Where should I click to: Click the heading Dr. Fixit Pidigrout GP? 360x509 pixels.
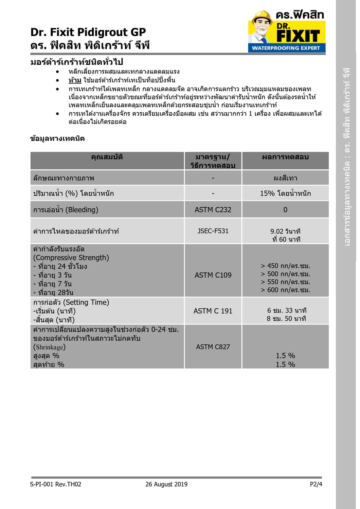(x=88, y=32)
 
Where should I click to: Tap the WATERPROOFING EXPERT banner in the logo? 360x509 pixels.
(x=286, y=48)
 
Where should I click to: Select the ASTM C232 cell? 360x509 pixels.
(x=213, y=210)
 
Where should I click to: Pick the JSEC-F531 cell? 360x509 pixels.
(x=213, y=231)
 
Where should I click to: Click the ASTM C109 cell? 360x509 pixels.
(x=213, y=275)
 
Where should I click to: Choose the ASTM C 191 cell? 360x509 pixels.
(x=213, y=311)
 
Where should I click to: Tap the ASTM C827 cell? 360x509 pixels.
(x=213, y=347)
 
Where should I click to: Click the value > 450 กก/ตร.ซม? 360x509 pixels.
(x=285, y=266)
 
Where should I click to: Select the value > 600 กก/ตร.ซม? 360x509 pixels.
(x=285, y=290)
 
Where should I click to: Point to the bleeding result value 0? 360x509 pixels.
(x=285, y=210)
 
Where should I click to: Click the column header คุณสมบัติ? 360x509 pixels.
(x=107, y=157)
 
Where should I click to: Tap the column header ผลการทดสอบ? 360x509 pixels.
(x=285, y=157)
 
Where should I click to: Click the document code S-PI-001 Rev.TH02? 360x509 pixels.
(x=56, y=484)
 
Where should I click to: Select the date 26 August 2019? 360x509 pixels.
(x=166, y=484)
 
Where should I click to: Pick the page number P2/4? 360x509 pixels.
(x=316, y=484)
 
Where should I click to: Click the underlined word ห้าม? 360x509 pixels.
(x=75, y=80)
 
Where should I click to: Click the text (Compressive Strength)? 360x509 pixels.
(x=71, y=258)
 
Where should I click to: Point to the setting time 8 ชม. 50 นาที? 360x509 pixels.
(x=286, y=319)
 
